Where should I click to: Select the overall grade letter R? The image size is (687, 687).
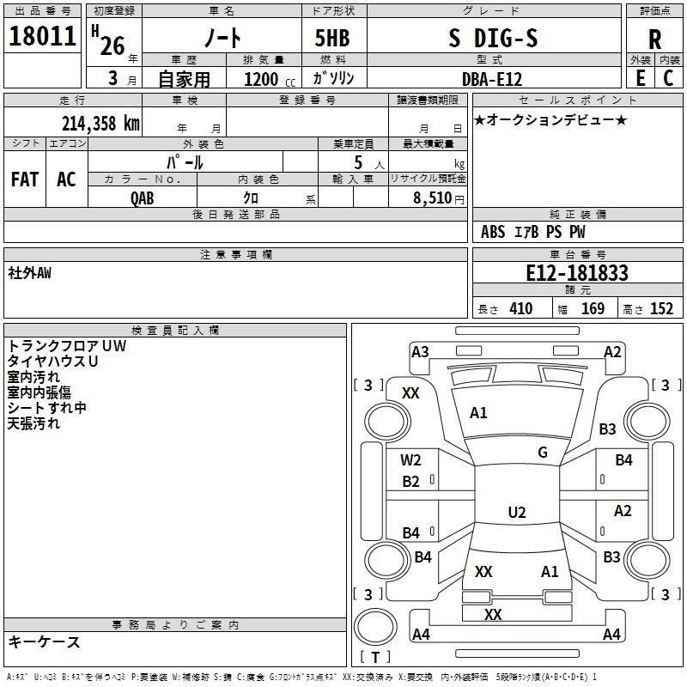point(654,39)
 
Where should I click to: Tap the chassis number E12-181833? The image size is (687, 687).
point(576,273)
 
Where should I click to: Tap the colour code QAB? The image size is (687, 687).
point(143,197)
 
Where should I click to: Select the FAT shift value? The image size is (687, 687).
point(25,179)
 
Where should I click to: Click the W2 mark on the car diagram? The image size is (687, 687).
point(410,459)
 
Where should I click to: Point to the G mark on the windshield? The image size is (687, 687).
point(543,453)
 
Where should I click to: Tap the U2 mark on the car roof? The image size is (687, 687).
point(516,513)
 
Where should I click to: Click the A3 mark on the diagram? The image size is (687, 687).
point(420,351)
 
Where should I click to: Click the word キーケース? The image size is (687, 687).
point(45,641)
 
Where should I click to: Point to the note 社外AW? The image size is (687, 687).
point(30,272)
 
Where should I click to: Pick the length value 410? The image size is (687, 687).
point(520,308)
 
